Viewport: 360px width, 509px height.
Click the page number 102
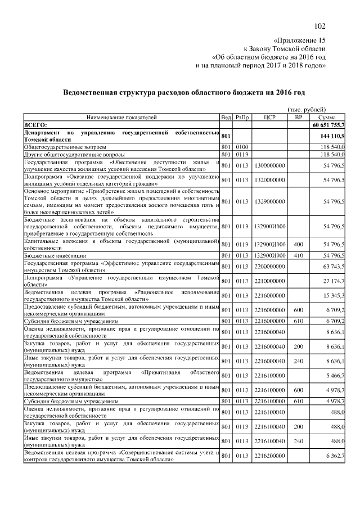319,26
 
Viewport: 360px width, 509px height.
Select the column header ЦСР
268,117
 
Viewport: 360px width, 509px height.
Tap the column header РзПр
242,117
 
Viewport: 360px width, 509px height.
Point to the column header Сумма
327,117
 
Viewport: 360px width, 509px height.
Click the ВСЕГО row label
35,125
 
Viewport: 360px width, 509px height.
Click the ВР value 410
298,255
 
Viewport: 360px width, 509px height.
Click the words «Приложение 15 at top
299,40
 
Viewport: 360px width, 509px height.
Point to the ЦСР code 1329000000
269,201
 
